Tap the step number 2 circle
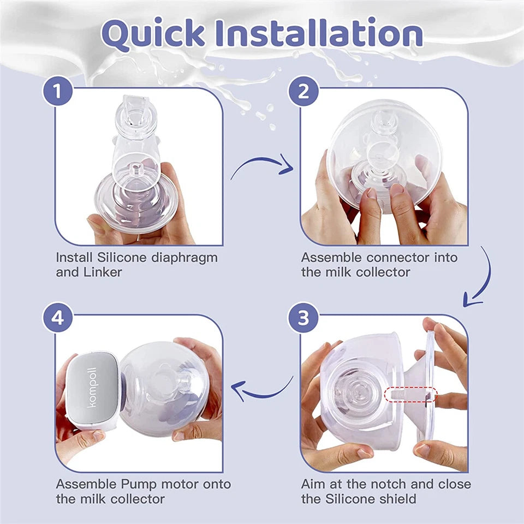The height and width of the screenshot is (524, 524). pyautogui.click(x=303, y=90)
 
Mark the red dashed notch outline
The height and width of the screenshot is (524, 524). pyautogui.click(x=410, y=394)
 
